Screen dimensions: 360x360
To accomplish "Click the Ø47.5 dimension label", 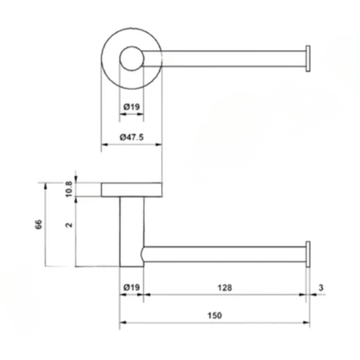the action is coord(132,137).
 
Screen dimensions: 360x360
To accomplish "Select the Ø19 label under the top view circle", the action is coord(132,107).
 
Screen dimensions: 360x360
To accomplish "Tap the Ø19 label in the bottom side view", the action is coord(132,287).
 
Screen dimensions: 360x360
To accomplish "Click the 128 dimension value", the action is coord(225,287).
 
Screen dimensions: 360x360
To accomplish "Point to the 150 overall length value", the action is coord(215,315).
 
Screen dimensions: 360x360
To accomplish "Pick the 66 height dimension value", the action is coord(39,224).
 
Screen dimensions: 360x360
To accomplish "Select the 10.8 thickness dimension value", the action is coord(68,190).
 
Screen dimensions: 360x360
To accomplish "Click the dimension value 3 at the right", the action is coord(321,287).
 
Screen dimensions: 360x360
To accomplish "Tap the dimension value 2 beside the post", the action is coord(69,225).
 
